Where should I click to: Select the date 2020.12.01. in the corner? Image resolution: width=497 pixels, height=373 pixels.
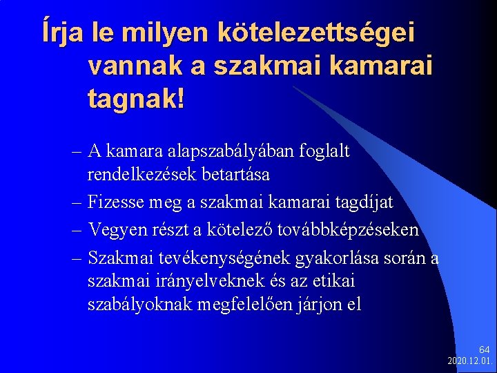pos(471,361)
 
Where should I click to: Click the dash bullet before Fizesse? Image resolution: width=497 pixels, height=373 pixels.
pos(77,202)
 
